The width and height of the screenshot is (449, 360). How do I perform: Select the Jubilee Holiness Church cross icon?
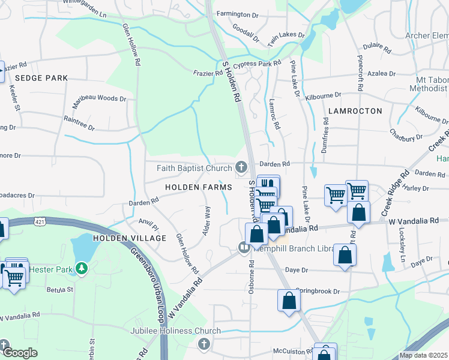click(x=203, y=344)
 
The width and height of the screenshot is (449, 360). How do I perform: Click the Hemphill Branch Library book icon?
click(x=244, y=247)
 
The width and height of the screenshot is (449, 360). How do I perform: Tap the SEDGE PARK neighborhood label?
click(x=41, y=78)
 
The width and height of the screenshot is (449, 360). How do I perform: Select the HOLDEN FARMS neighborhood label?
click(x=199, y=188)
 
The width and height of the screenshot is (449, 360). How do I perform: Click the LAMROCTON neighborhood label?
click(x=355, y=111)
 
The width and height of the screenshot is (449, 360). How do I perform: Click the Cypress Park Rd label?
click(x=260, y=63)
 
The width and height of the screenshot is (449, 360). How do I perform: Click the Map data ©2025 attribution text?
click(x=423, y=355)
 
